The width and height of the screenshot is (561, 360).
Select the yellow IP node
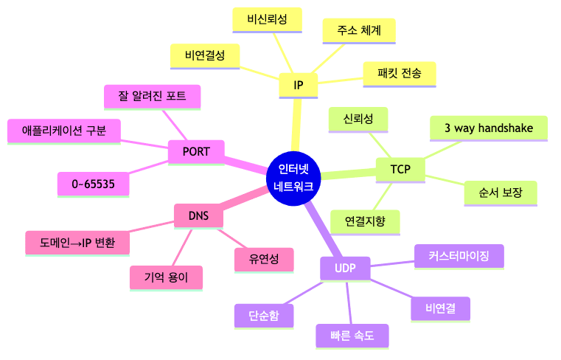click(x=298, y=86)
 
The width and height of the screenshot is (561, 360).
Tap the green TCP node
click(x=400, y=170)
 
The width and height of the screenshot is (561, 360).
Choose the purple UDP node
click(x=344, y=269)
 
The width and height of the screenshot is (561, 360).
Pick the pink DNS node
click(x=198, y=216)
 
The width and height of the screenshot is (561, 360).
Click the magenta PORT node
click(x=196, y=152)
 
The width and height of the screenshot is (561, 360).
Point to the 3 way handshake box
click(x=489, y=128)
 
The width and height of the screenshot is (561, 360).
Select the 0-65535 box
click(x=93, y=184)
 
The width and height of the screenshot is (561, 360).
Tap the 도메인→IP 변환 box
click(x=77, y=242)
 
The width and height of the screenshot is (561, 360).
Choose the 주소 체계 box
click(x=360, y=30)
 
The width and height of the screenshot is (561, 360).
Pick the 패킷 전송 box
click(x=399, y=73)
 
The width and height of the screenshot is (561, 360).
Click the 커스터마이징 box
click(x=459, y=256)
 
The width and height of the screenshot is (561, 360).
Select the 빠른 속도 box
click(x=352, y=336)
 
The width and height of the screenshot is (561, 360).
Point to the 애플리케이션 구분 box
click(x=64, y=131)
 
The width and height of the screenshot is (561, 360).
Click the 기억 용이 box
click(x=167, y=278)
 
